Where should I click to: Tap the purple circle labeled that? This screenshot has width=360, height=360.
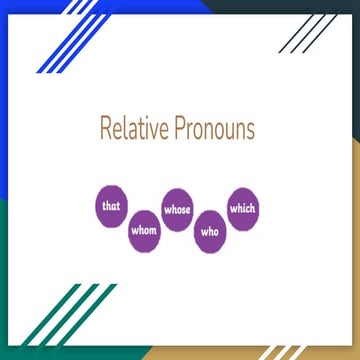coord(111,206)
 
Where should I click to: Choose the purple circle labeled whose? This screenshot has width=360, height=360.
coord(177,210)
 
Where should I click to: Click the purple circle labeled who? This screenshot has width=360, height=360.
coord(211,231)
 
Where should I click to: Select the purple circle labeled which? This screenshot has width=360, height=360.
coord(243,207)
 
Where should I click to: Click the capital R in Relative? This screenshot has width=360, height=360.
coord(105,129)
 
